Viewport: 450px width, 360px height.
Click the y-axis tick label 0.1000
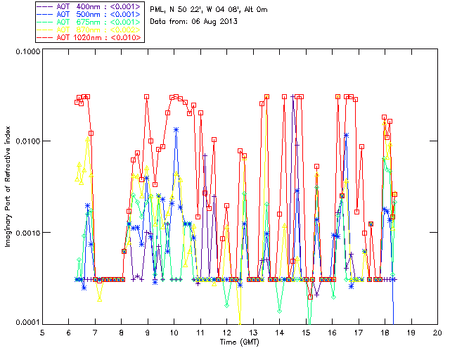click(26, 52)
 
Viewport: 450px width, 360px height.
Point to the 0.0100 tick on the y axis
click(26, 142)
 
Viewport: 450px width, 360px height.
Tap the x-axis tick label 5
click(43, 332)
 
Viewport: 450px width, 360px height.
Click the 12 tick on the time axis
click(227, 332)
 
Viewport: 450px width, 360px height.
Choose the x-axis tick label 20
click(437, 332)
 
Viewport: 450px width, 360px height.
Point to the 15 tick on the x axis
click(306, 332)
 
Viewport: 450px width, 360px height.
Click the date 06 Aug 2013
click(214, 22)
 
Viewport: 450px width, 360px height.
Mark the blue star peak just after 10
click(176, 129)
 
